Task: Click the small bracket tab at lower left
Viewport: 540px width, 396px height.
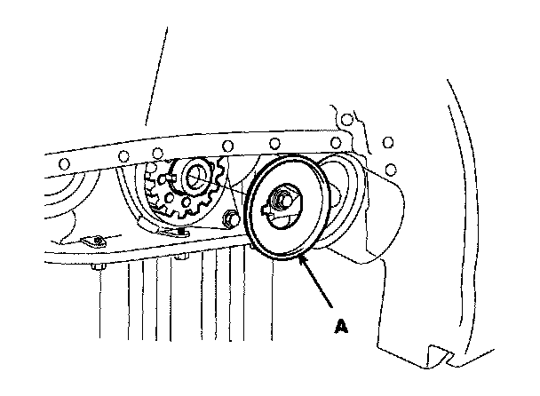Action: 91,241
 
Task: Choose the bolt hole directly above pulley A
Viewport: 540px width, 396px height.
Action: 274,142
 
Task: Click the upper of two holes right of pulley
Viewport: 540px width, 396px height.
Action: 386,141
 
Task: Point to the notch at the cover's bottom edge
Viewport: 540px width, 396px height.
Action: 435,352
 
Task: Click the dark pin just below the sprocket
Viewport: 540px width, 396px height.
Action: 181,232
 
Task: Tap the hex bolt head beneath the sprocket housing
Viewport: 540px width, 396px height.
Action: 180,258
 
